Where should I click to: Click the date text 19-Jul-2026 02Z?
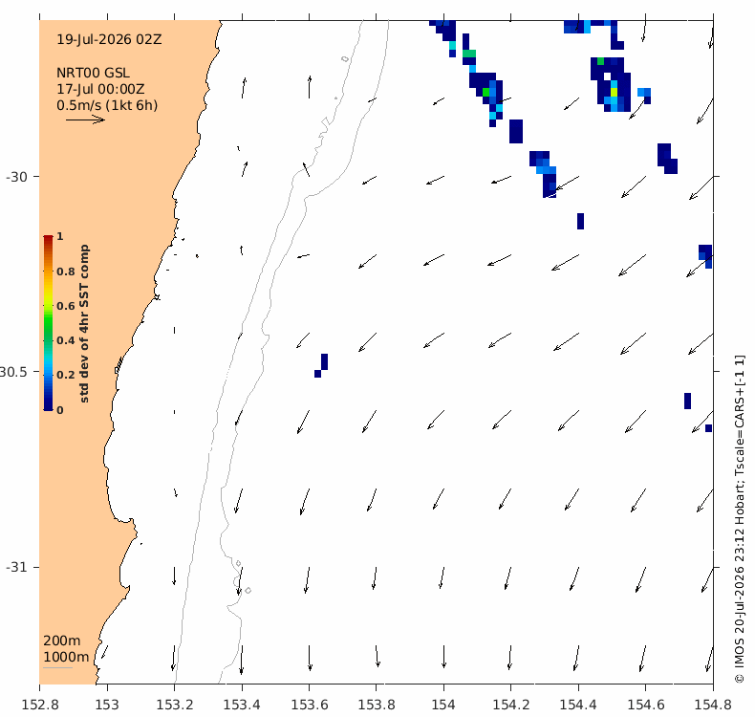(x=109, y=39)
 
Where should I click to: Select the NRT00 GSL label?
(x=93, y=73)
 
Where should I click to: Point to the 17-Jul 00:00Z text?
(x=100, y=89)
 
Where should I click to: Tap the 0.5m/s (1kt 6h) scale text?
(x=107, y=105)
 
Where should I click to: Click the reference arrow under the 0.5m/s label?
(x=85, y=119)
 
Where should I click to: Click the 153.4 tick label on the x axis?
(x=242, y=705)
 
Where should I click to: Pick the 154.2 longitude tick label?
(x=511, y=705)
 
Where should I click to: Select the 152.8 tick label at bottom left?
(x=40, y=705)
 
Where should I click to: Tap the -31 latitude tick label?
(x=16, y=567)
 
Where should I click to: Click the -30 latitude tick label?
(x=16, y=177)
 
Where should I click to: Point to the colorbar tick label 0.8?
(x=66, y=272)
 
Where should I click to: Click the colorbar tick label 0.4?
(x=66, y=340)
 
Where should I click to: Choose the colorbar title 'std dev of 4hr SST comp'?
(x=84, y=323)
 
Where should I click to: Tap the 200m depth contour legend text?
(x=61, y=641)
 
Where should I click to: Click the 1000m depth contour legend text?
(x=66, y=658)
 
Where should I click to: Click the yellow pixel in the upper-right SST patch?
(x=614, y=92)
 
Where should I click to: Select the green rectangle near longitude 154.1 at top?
(x=469, y=54)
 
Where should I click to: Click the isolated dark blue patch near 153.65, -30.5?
(x=321, y=365)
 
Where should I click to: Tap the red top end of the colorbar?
(x=48, y=237)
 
